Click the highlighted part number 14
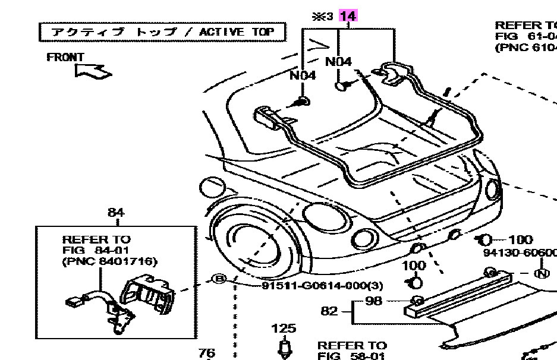pos(347,16)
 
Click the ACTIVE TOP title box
pos(162,31)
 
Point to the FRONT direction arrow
pos(93,71)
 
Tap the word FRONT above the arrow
pos(65,58)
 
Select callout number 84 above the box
pos(116,212)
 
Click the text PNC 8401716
pos(109,261)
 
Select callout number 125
pos(284,328)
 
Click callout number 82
pos(329,311)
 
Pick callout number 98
pos(373,301)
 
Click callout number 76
pos(206,353)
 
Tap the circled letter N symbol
pos(542,274)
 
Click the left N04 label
pos(303,75)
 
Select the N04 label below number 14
pos(338,61)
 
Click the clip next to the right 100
pos(483,240)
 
